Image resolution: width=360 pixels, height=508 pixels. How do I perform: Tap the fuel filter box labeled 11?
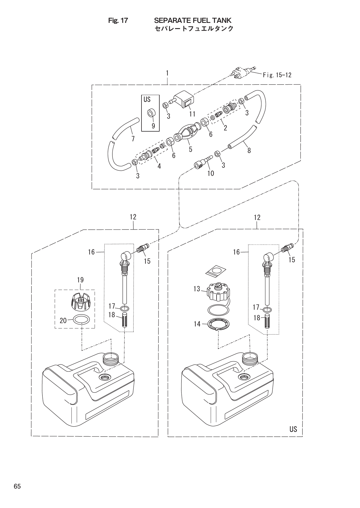click(184, 100)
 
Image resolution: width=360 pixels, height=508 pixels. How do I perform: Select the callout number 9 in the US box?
click(153, 125)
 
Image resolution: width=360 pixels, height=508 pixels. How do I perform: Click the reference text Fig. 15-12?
click(277, 75)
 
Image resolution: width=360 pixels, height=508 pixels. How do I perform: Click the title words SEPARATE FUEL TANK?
click(193, 20)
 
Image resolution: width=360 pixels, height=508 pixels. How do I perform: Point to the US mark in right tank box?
click(293, 429)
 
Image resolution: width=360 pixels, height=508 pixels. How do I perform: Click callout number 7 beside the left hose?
click(133, 139)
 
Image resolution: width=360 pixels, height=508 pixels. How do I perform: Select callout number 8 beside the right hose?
click(249, 151)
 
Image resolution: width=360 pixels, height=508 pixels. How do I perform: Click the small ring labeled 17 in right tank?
click(267, 309)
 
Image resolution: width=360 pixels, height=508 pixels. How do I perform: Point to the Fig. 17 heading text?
click(118, 20)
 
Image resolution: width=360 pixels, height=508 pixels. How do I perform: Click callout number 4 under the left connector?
click(159, 166)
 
